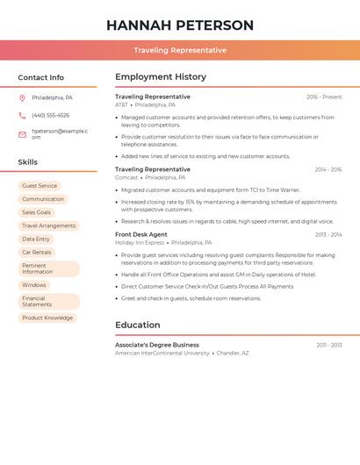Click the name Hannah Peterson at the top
coord(180,25)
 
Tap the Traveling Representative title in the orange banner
coord(180,50)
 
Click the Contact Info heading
coord(41,77)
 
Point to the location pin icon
coord(22,97)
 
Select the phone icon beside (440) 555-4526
coord(22,115)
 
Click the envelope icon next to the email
coord(22,134)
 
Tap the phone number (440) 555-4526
coord(50,115)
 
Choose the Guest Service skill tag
coord(40,186)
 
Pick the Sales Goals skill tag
coord(37,212)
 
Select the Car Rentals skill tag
coord(37,252)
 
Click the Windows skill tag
coord(34,285)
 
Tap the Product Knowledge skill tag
coord(47,318)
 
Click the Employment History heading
coord(160,77)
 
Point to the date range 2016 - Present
coord(324,97)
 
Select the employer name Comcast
coord(126,176)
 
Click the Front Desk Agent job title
coord(140,234)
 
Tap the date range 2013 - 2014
coord(328,234)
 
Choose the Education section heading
coord(138,325)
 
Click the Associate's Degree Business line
coord(157,345)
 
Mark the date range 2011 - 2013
coord(329,345)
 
